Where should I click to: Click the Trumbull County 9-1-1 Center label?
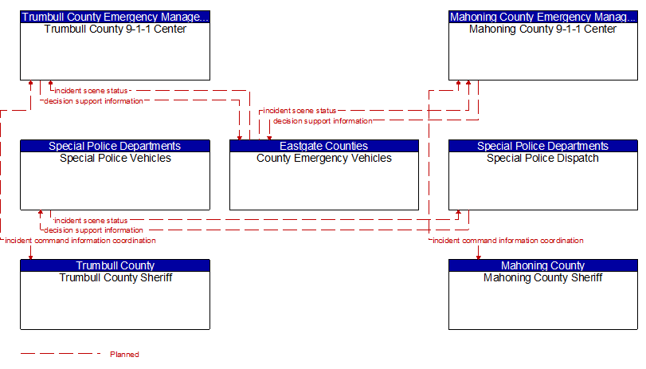click(x=115, y=29)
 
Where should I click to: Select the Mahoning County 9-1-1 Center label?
click(x=542, y=29)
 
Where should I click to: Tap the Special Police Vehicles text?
click(x=115, y=159)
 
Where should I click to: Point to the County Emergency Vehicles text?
click(x=324, y=159)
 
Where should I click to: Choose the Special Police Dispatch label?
click(x=542, y=159)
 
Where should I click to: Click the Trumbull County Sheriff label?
click(x=115, y=278)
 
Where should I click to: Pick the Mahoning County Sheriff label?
click(x=542, y=278)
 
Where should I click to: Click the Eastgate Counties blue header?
click(x=324, y=146)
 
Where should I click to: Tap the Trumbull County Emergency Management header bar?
click(x=115, y=17)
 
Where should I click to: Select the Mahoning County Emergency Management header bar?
click(x=543, y=17)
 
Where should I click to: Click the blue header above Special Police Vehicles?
click(x=115, y=146)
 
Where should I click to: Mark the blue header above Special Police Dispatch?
click(x=543, y=146)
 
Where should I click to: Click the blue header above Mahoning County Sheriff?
click(x=543, y=265)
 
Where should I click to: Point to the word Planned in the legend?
click(x=124, y=355)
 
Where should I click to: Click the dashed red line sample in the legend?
click(x=61, y=353)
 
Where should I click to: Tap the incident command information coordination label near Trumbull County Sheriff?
click(x=80, y=241)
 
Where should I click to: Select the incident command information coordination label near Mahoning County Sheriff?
click(x=508, y=241)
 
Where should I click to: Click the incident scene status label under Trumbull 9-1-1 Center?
click(x=91, y=91)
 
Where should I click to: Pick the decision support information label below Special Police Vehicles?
click(x=93, y=230)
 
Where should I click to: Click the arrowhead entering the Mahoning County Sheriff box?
click(x=478, y=257)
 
